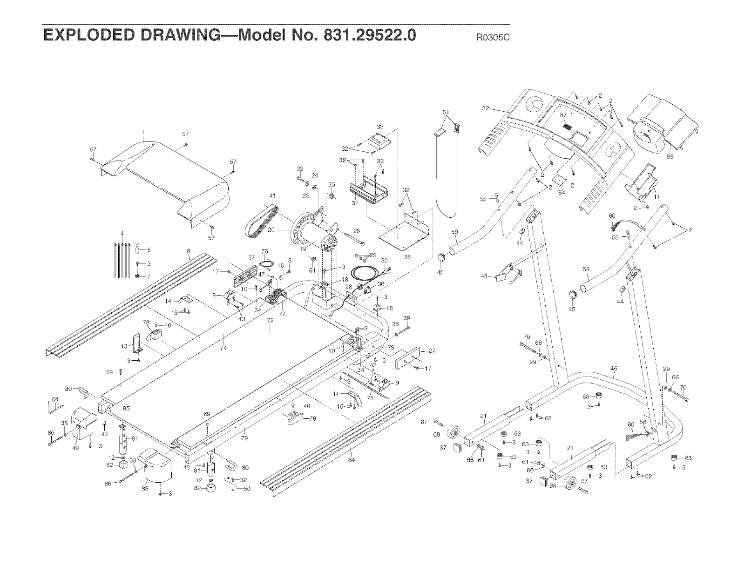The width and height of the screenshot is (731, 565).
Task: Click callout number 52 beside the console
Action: (486, 108)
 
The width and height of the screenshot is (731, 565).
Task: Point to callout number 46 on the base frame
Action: (613, 369)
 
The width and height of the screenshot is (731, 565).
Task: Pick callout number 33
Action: (380, 127)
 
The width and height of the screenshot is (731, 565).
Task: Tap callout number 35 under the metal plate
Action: (408, 256)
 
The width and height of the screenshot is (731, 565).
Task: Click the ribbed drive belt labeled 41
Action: (261, 222)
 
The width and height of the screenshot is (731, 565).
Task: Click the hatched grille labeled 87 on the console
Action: (567, 126)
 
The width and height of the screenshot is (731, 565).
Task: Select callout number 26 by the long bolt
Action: (357, 231)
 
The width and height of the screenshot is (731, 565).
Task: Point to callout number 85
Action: (126, 409)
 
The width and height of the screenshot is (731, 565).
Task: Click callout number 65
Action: (670, 157)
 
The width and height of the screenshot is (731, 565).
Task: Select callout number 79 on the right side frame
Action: (244, 438)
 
